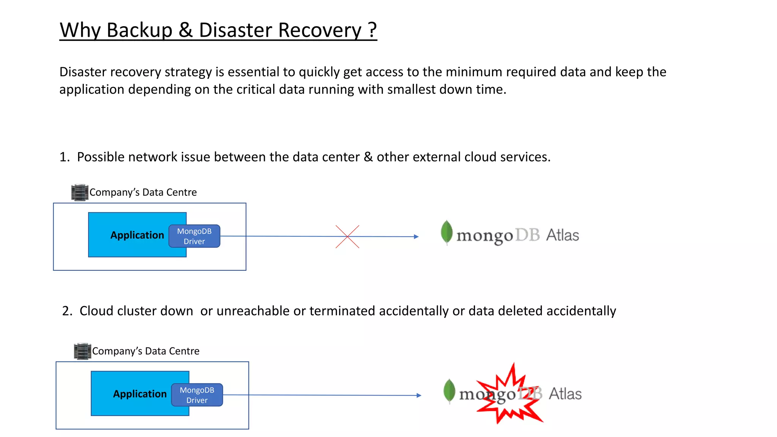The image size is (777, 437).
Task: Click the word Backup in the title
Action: [x=139, y=30]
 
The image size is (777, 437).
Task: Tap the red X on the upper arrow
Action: [x=347, y=236]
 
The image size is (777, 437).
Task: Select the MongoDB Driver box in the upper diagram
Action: [x=194, y=236]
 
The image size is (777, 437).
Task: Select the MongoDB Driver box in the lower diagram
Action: [x=197, y=395]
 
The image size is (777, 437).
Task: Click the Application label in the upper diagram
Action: [x=137, y=235]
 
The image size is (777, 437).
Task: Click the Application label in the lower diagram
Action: [x=140, y=394]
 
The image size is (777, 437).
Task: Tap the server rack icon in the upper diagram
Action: [x=80, y=192]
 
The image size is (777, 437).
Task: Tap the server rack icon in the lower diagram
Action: [x=82, y=351]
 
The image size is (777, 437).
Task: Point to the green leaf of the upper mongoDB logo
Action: [x=447, y=232]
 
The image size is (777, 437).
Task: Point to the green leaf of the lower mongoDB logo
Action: [x=449, y=390]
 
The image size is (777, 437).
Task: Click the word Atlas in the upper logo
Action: [x=562, y=235]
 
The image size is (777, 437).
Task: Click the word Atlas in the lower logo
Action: [x=565, y=394]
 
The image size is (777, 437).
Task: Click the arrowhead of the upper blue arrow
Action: [x=416, y=237]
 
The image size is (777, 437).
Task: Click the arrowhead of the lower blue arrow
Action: [x=418, y=395]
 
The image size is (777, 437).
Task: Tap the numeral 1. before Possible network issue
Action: [x=64, y=157]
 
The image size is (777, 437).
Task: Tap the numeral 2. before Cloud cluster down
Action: [x=67, y=311]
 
